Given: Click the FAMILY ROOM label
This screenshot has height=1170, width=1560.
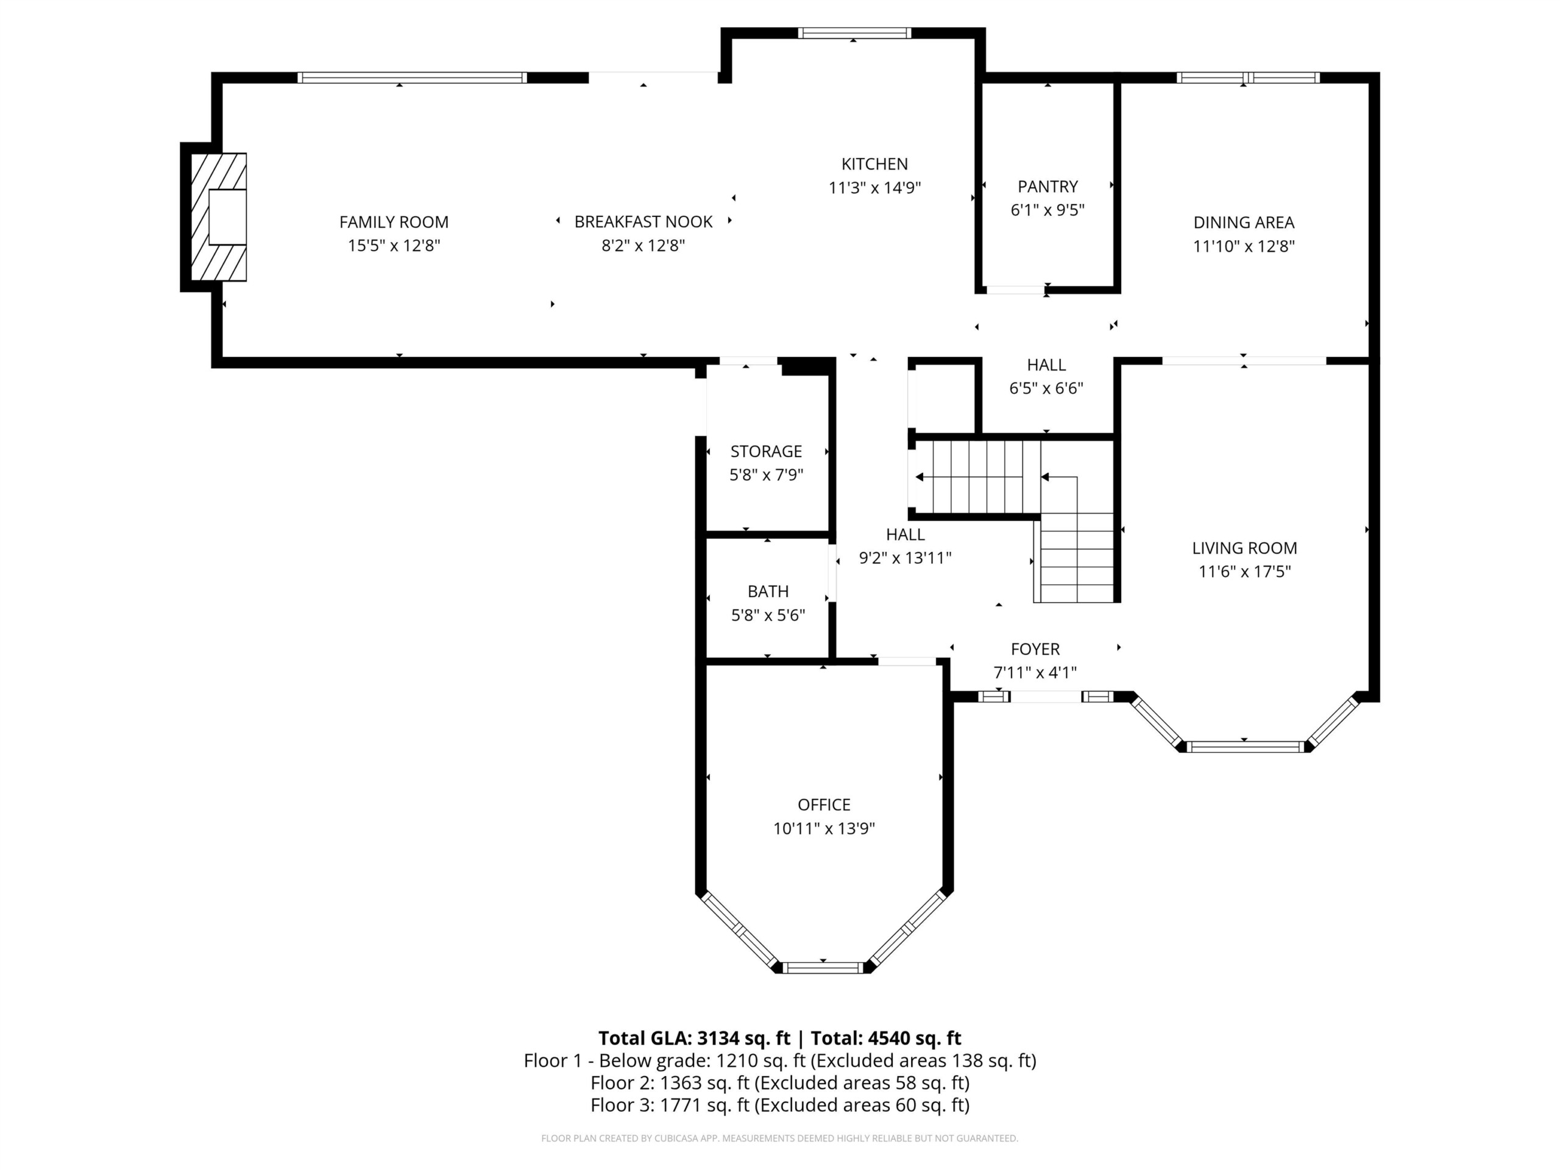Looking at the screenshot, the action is coord(394,222).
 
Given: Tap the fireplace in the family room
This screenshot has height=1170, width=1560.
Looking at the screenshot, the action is coord(219,217).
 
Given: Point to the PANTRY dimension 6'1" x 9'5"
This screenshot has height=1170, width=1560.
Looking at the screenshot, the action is coord(1048,210).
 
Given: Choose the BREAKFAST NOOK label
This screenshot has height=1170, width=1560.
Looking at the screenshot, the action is coord(643,222).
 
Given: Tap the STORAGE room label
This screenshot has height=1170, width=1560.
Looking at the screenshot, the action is coord(766,452).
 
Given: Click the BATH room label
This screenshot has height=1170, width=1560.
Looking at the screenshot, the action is coord(768,592).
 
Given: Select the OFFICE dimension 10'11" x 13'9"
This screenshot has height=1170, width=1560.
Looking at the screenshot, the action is coord(824,829).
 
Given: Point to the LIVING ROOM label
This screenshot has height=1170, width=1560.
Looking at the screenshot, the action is coord(1244,548).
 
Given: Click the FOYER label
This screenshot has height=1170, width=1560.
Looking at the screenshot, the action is coord(1035,650).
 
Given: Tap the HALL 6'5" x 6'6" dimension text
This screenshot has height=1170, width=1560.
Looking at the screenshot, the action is coord(1046,389).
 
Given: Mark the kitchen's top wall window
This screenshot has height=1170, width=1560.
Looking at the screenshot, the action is coord(854,33).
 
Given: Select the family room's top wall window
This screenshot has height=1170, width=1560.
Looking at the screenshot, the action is coord(412,77).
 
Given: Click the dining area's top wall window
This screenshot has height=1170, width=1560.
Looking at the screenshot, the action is coord(1247,77).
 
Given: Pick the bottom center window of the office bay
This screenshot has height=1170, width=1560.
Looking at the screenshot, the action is coord(824,968).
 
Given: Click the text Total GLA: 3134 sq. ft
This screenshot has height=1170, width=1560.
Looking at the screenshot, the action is coord(695,1038).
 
